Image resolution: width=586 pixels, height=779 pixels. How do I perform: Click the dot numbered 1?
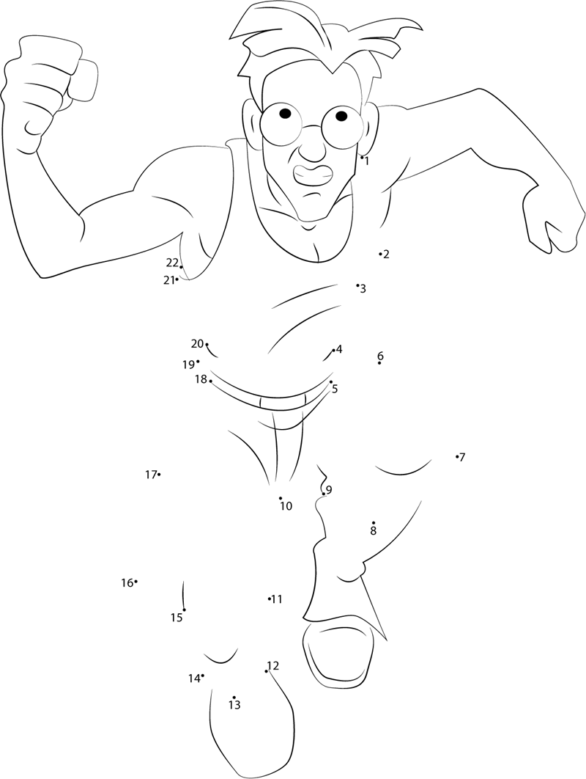click(x=362, y=156)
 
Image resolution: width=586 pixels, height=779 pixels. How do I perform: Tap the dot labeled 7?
click(x=456, y=456)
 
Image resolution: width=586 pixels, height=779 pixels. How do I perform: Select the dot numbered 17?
click(x=159, y=475)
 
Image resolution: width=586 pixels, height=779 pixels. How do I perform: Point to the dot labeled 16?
click(x=136, y=581)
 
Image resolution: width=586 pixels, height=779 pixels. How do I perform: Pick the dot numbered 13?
click(x=234, y=698)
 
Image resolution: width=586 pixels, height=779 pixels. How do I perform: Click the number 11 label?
click(x=277, y=599)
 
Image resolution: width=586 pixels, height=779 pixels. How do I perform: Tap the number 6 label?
click(x=380, y=356)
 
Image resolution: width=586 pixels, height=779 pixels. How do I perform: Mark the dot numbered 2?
click(x=380, y=254)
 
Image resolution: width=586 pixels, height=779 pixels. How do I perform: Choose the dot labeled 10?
click(x=281, y=498)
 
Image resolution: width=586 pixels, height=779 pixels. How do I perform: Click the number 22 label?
click(x=171, y=263)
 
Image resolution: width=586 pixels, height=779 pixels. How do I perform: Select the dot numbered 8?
click(x=373, y=523)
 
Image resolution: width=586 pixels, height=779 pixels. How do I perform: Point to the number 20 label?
click(x=197, y=343)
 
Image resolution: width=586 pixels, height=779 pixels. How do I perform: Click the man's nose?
click(x=311, y=149)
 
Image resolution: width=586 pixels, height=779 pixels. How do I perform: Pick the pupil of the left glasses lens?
click(x=285, y=113)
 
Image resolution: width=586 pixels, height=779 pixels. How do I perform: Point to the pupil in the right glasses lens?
click(x=341, y=116)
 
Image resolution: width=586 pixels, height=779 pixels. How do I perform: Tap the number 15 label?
click(x=177, y=618)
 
